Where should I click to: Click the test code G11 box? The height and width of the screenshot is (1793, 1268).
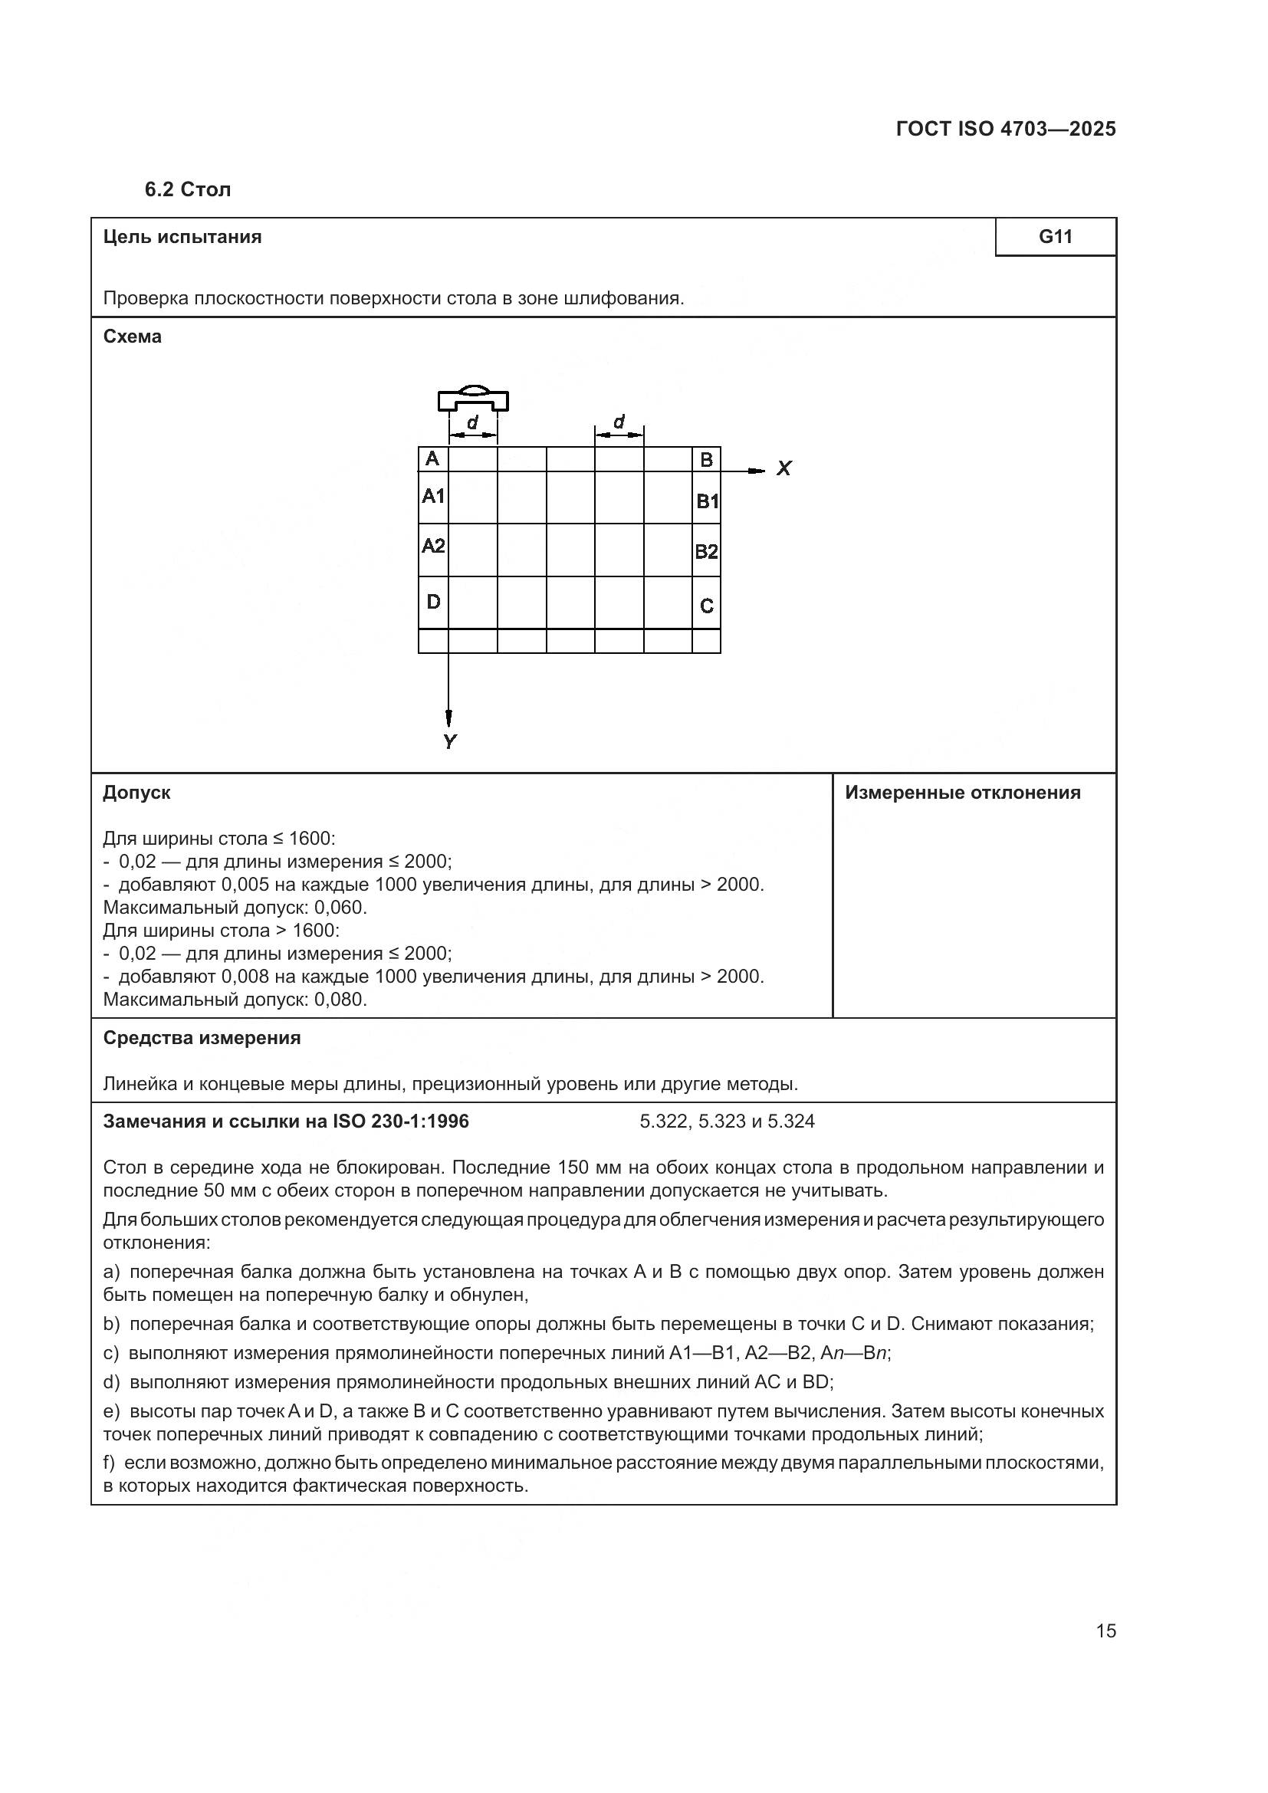click(x=1055, y=237)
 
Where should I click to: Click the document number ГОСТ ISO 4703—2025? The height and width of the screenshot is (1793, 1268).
click(x=1006, y=130)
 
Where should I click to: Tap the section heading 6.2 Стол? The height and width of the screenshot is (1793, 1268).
click(x=187, y=190)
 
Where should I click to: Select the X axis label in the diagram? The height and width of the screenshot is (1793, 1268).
click(x=784, y=468)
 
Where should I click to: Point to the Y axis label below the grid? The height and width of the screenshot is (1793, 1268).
click(x=450, y=742)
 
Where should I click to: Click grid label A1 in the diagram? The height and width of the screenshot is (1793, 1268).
click(x=433, y=496)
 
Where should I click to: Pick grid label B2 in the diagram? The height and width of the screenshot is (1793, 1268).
click(x=706, y=552)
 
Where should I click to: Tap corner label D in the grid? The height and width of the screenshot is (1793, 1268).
click(x=433, y=602)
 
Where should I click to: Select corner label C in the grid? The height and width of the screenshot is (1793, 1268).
click(x=706, y=606)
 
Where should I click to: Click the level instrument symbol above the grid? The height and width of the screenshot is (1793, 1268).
click(x=473, y=399)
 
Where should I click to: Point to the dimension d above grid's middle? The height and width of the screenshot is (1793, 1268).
click(x=619, y=422)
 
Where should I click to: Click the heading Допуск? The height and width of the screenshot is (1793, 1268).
click(x=136, y=793)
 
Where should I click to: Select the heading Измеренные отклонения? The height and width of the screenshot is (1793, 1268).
click(x=963, y=793)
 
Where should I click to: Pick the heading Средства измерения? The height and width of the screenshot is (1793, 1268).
click(x=202, y=1038)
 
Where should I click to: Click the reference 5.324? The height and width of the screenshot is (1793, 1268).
click(x=791, y=1121)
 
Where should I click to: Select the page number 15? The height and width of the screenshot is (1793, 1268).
click(x=1105, y=1630)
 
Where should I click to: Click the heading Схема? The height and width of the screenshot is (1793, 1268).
click(x=132, y=337)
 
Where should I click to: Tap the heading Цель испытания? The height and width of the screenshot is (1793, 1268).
click(x=182, y=237)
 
